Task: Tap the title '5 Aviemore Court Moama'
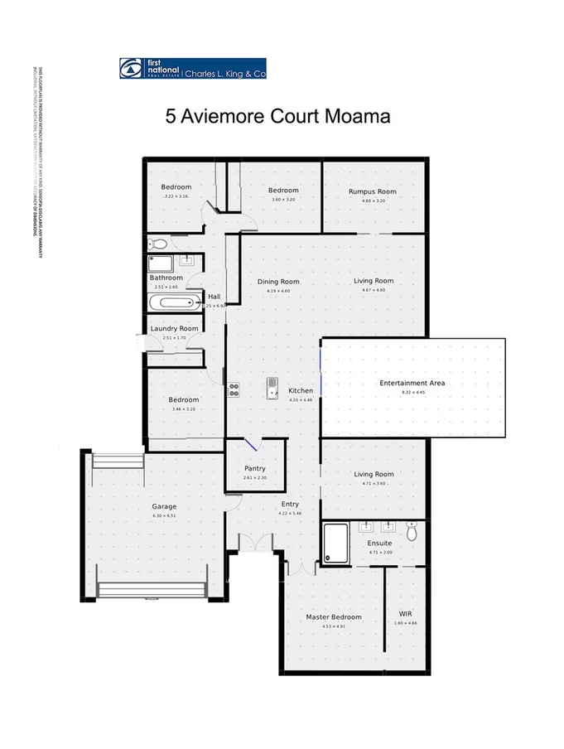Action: click(x=277, y=116)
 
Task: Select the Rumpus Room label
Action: click(x=372, y=191)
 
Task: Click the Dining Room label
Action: click(x=278, y=282)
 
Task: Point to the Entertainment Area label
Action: click(x=412, y=383)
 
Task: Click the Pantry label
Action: click(x=255, y=469)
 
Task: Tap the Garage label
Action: click(x=164, y=507)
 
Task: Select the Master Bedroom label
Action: click(x=334, y=617)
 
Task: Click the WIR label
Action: click(x=406, y=614)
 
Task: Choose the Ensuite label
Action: click(x=380, y=544)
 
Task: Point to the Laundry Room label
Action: click(x=174, y=329)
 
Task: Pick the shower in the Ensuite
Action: click(x=336, y=543)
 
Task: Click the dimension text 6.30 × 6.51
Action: click(x=164, y=516)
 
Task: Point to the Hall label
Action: click(x=215, y=297)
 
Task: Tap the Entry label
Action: click(x=290, y=504)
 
